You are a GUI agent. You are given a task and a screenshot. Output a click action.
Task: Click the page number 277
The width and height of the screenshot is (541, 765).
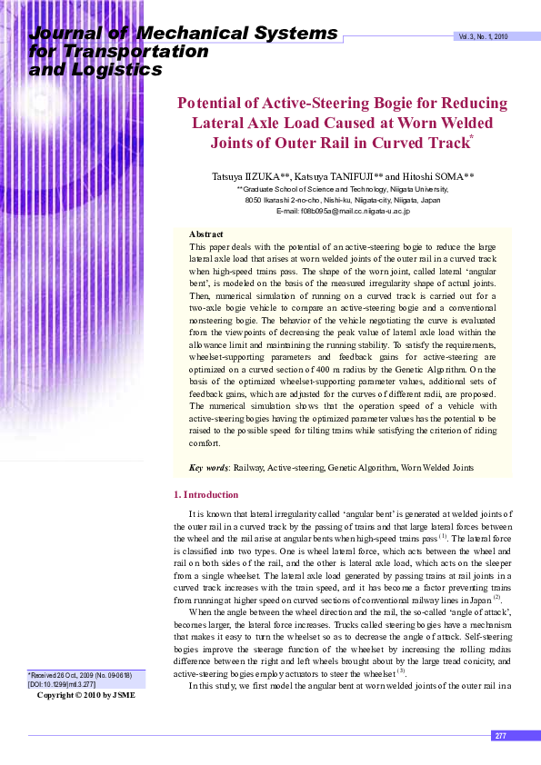pyautogui.click(x=500, y=736)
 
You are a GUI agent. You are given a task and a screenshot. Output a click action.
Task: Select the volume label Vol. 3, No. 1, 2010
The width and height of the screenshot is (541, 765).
pyautogui.click(x=483, y=36)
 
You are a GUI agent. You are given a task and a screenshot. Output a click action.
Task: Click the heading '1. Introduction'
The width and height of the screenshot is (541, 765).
pyautogui.click(x=205, y=494)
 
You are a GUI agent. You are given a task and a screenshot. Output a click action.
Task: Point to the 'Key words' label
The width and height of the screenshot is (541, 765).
pyautogui.click(x=208, y=468)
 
